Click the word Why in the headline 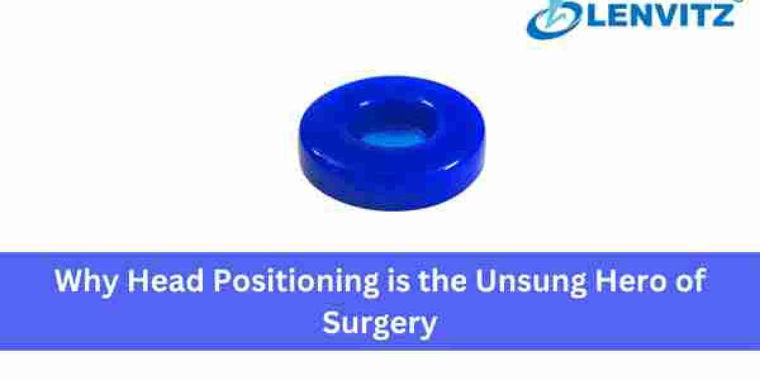[86, 281]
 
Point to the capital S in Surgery [333, 323]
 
